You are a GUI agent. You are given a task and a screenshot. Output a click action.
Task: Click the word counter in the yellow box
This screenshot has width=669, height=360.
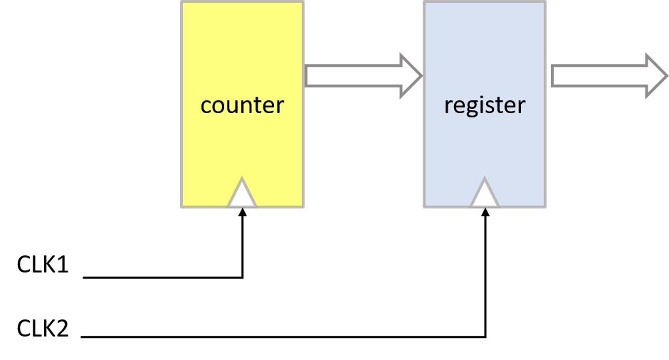(243, 105)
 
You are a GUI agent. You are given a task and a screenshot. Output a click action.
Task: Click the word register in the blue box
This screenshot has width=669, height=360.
(485, 105)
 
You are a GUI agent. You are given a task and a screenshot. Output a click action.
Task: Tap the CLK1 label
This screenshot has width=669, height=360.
(43, 265)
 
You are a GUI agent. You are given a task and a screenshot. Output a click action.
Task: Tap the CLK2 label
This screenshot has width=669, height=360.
(43, 329)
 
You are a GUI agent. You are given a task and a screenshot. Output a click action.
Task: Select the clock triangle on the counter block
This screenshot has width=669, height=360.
(242, 193)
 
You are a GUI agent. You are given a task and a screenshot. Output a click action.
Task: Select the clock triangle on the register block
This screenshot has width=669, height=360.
(485, 193)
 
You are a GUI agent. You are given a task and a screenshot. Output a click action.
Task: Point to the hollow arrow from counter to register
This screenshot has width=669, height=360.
(364, 76)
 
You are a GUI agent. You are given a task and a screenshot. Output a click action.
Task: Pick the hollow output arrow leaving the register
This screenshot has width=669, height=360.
(609, 76)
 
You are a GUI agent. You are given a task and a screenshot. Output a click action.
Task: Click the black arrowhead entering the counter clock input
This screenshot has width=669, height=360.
(243, 212)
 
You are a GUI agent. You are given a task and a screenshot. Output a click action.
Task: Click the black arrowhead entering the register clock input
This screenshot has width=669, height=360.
(485, 212)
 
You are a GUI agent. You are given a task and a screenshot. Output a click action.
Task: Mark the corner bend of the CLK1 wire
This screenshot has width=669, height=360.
(243, 277)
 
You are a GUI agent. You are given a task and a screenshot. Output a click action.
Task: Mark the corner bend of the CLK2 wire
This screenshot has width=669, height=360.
(485, 337)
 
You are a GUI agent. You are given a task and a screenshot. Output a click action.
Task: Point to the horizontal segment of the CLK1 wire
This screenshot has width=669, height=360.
(162, 277)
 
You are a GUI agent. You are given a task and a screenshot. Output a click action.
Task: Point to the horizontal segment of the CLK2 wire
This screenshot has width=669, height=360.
(283, 337)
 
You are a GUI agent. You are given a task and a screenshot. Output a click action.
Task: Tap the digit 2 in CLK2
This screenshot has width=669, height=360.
(62, 329)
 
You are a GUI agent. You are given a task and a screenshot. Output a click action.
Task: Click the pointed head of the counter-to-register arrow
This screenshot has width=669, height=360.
(411, 76)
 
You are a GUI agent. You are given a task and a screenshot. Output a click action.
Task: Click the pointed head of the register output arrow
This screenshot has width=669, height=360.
(657, 76)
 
